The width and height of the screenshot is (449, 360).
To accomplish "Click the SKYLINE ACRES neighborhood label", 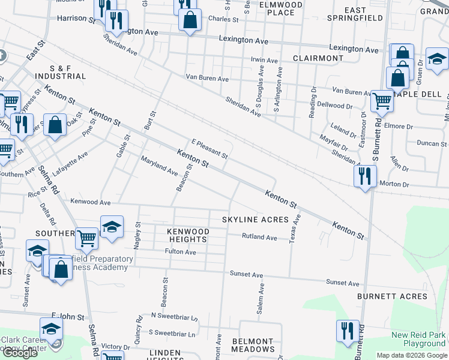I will [256, 220].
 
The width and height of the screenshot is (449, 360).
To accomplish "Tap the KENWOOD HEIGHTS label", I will [188, 235].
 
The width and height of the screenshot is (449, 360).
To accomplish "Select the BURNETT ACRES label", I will [392, 296].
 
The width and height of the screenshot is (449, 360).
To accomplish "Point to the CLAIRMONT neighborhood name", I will [318, 58].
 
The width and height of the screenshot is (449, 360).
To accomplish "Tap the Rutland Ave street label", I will [259, 238].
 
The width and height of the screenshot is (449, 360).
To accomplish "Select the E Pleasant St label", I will [209, 148].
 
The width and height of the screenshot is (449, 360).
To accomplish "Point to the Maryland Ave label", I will [159, 166].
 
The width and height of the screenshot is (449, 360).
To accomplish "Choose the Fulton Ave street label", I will [181, 253].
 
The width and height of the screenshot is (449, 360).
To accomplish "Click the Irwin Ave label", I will [264, 61].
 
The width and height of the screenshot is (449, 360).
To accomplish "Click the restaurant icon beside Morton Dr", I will [364, 176].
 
